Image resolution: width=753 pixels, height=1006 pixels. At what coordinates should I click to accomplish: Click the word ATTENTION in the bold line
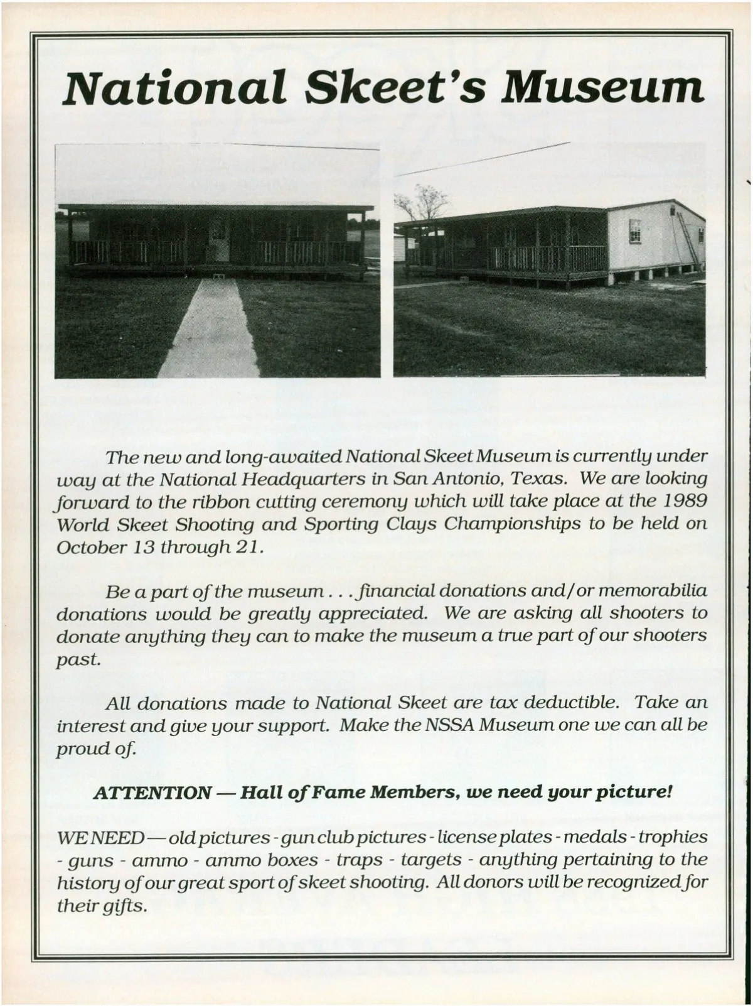151,792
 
